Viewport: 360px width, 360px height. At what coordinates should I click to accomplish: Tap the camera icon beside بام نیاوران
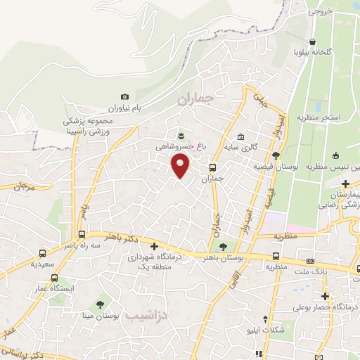(x=125, y=96)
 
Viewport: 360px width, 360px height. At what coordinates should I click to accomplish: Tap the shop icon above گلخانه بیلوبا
(x=312, y=41)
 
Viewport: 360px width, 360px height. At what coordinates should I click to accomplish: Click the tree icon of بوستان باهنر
(x=223, y=247)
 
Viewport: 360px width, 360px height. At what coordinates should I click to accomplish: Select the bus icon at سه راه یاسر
(x=82, y=234)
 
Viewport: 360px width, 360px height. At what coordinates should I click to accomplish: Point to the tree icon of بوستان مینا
(x=99, y=303)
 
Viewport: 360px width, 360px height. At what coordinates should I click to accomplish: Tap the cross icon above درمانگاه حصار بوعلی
(x=325, y=295)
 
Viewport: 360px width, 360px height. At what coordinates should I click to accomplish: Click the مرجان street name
(x=24, y=188)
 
